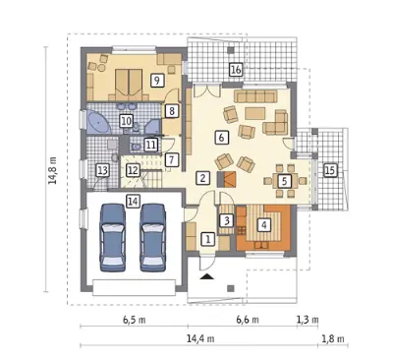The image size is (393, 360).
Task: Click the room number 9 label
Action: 157,81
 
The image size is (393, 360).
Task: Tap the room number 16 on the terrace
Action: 236,70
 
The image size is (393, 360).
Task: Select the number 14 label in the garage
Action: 133,201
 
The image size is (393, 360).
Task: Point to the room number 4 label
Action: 264,224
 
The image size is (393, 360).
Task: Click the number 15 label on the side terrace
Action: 330,170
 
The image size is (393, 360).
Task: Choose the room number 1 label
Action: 207,239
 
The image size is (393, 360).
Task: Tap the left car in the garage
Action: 113,238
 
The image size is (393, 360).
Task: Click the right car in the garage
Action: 152,238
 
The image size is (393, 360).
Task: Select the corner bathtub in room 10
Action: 98,122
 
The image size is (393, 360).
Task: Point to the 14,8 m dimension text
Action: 53,170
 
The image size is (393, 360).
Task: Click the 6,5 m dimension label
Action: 135,320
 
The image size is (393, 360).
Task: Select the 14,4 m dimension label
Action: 200,338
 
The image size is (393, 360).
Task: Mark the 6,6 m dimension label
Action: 248,320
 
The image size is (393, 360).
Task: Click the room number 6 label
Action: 221,138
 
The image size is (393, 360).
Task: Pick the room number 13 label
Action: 102,171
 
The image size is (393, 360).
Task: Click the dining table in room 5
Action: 286,181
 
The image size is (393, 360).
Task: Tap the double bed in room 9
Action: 129,85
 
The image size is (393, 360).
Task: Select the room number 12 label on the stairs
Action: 133,170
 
